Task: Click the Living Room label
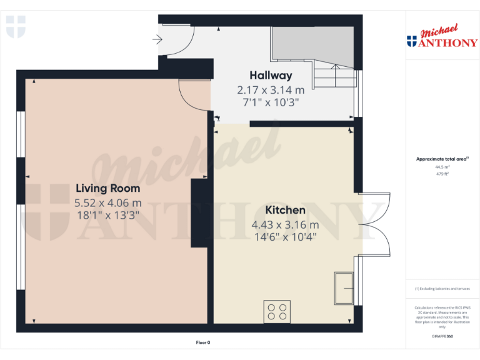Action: [107, 188]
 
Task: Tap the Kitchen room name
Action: [285, 210]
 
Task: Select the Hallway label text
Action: [271, 76]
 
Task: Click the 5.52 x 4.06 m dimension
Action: [107, 202]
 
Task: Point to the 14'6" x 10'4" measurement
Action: [285, 237]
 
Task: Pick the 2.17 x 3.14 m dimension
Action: [271, 90]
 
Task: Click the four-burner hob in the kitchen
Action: [277, 311]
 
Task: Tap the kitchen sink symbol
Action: [344, 288]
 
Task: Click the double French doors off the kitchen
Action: [375, 225]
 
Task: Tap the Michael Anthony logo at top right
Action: [442, 37]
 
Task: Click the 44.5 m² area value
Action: [442, 167]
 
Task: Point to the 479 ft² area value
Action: [442, 174]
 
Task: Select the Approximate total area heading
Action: [442, 159]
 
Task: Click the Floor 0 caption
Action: [203, 342]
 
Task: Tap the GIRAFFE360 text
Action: [442, 337]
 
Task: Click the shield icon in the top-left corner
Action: [16, 27]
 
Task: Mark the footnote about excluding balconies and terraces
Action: [442, 289]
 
